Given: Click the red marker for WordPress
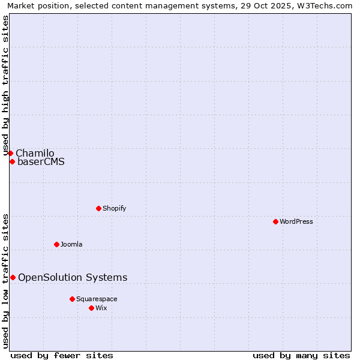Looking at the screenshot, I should pos(275,221).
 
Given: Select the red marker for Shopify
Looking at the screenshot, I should pos(98,208).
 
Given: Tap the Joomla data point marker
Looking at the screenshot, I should pos(56,244).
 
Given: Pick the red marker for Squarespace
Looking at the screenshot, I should pos(72,299).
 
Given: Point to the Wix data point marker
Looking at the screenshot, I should pos(91,308).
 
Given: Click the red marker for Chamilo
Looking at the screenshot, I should pos(10,153).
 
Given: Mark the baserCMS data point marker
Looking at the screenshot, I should pos(12,161).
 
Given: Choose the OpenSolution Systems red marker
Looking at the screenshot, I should pos(13,277).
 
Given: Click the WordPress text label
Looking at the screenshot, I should pos(296,221).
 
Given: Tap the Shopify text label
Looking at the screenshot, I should pos(114,208).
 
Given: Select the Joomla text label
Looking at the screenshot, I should pos(71,244).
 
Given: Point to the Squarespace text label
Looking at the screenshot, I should pos(97,299).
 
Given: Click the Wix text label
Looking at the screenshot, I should pos(101,308).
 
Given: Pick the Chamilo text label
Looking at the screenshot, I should pos(35,153).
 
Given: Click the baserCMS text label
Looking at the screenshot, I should pos(41,161).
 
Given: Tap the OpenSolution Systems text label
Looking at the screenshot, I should pos(73,277).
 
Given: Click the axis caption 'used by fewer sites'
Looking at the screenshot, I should pos(62,355).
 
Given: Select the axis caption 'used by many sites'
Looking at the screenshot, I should pos(301,355).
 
